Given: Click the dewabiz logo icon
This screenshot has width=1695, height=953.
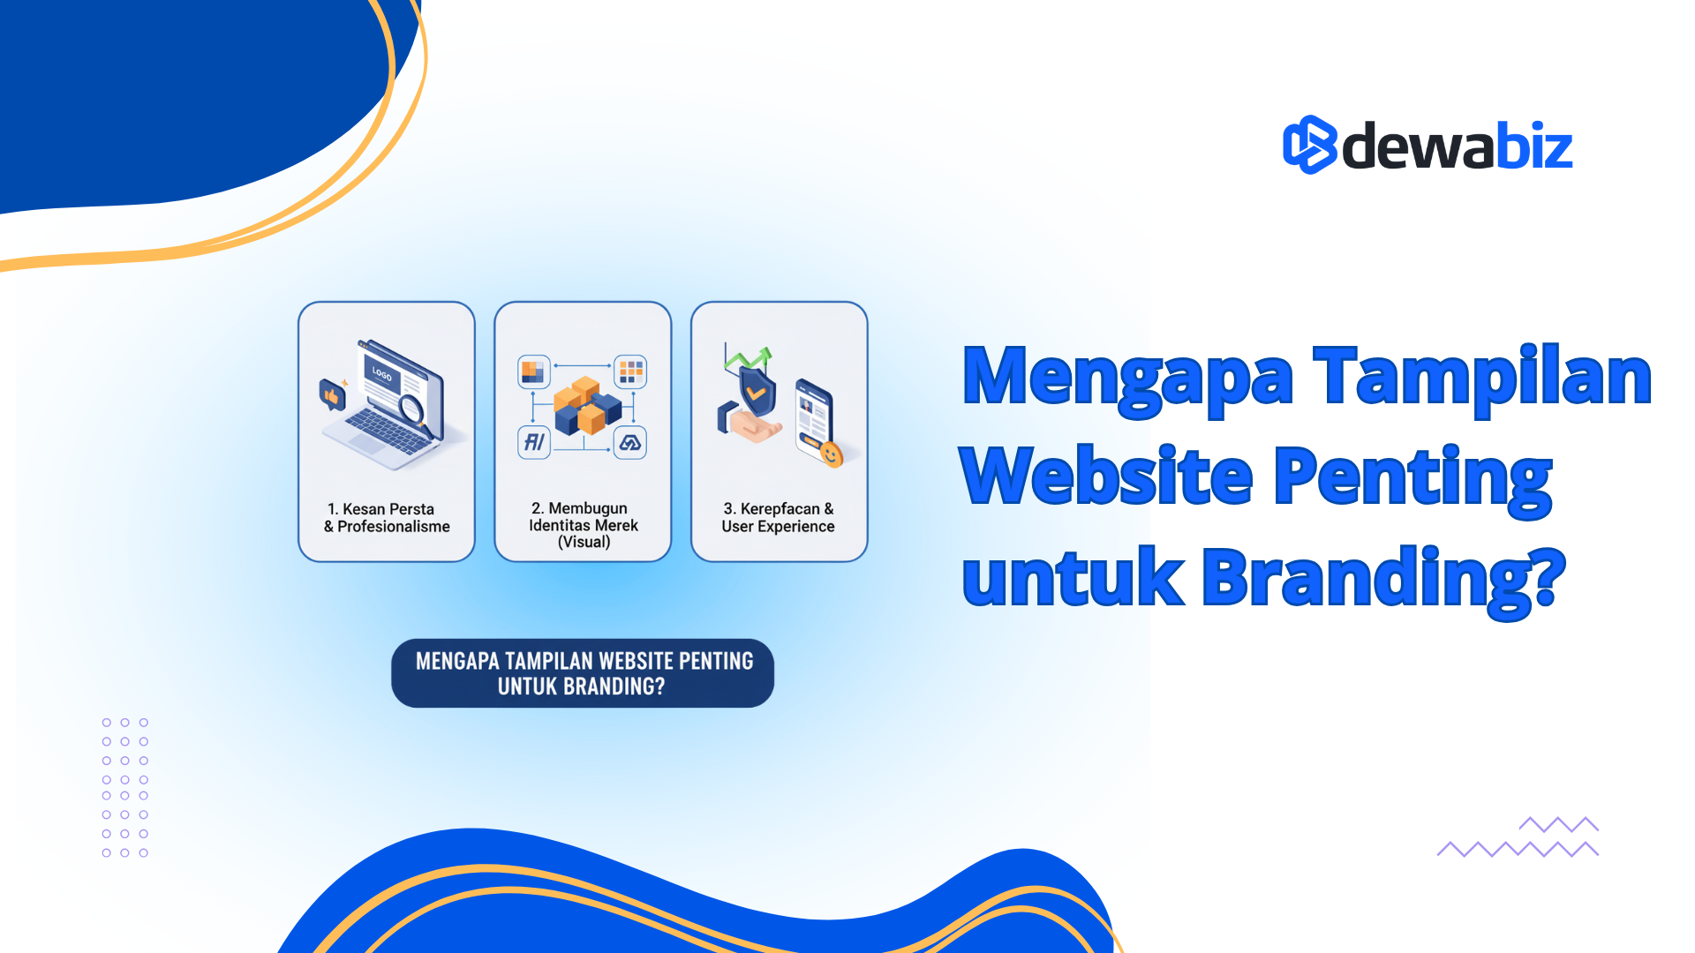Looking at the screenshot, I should point(1309,145).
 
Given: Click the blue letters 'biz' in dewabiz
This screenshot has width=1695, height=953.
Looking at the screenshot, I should point(1534,146).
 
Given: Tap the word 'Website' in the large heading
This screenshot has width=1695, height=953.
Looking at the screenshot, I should point(1105,476).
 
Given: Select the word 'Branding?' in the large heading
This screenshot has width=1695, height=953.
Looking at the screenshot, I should point(1383,578).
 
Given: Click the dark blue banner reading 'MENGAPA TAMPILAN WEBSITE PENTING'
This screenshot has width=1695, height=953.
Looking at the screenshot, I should point(583,673).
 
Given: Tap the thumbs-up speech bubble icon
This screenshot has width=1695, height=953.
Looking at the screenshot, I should point(332,395).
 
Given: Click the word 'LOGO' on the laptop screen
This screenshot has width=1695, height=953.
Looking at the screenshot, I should point(382,374).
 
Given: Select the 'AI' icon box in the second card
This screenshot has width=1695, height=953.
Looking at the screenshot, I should point(534,442).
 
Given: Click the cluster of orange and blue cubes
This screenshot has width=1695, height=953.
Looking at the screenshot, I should point(586,406).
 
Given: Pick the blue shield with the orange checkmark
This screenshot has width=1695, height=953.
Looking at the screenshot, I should point(757,389).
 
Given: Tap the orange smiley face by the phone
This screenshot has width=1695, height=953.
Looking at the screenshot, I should point(830,454).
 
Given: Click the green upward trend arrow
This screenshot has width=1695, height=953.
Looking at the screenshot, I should point(749,359).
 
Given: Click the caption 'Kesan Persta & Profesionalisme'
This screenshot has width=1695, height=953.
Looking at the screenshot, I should point(387,518).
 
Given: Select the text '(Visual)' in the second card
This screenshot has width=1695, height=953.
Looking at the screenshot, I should point(584,542).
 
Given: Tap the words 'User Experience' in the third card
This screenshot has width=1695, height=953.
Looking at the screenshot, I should point(778,527).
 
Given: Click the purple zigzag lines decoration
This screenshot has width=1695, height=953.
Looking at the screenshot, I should point(1518,837).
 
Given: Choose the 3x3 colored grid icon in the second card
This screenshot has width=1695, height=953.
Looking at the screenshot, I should point(630,371).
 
